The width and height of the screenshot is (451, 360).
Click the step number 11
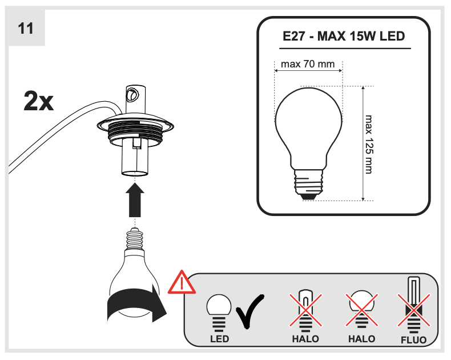(x=26, y=28)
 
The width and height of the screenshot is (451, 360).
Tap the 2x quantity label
(x=39, y=101)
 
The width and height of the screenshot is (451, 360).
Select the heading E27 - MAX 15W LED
(x=344, y=37)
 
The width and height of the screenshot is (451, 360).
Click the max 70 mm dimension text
(x=308, y=64)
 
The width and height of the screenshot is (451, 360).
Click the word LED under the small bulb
(x=219, y=339)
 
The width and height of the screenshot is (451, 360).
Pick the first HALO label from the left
(x=305, y=339)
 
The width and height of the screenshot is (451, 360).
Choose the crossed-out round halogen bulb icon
(x=361, y=309)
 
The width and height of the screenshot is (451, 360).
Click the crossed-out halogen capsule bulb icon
(x=306, y=309)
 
